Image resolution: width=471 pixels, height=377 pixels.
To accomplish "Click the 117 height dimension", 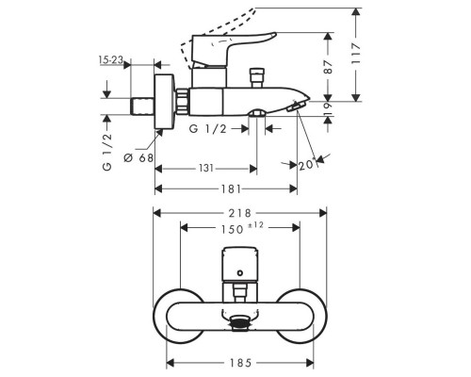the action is pyautogui.click(x=356, y=54).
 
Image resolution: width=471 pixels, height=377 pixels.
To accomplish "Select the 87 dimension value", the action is pyautogui.click(x=328, y=67).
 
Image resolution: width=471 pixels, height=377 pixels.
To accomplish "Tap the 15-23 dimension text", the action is pyautogui.click(x=110, y=59).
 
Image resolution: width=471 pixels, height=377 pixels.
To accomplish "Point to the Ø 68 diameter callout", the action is pyautogui.click(x=138, y=157).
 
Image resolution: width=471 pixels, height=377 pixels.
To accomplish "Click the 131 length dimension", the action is pyautogui.click(x=206, y=169).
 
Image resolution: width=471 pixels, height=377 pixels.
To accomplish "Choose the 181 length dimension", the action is pyautogui.click(x=231, y=188).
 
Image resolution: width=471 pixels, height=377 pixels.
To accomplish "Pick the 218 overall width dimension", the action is pyautogui.click(x=240, y=213).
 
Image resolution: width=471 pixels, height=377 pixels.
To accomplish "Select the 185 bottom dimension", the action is pyautogui.click(x=240, y=363).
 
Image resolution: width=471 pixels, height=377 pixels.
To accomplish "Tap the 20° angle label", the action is pyautogui.click(x=307, y=164).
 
